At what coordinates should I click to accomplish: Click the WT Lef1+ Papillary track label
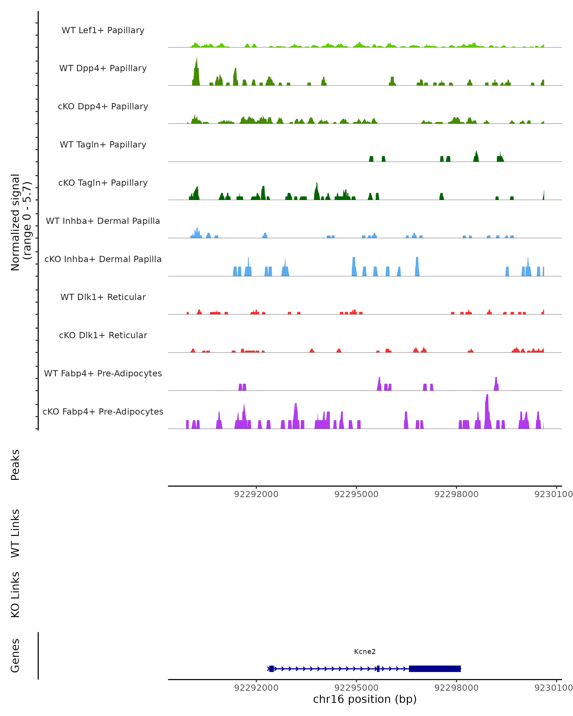pyautogui.click(x=103, y=30)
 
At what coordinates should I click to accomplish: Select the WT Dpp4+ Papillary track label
pyautogui.click(x=103, y=68)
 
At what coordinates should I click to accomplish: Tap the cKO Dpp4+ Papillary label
pyautogui.click(x=103, y=107)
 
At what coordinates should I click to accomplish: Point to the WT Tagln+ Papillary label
pyautogui.click(x=103, y=145)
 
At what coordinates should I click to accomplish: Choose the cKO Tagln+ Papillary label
pyautogui.click(x=103, y=183)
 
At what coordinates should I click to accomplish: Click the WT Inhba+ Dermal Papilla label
pyautogui.click(x=103, y=221)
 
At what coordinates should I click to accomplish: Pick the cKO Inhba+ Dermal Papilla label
pyautogui.click(x=103, y=259)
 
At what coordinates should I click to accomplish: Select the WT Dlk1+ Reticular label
pyautogui.click(x=103, y=297)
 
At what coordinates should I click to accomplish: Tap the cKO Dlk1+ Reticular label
pyautogui.click(x=103, y=335)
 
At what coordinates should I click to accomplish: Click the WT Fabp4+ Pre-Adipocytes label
pyautogui.click(x=103, y=374)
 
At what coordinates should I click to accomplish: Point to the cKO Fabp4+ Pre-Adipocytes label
pyautogui.click(x=103, y=412)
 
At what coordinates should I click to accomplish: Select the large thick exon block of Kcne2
pyautogui.click(x=435, y=669)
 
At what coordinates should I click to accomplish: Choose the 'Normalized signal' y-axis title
pyautogui.click(x=16, y=222)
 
